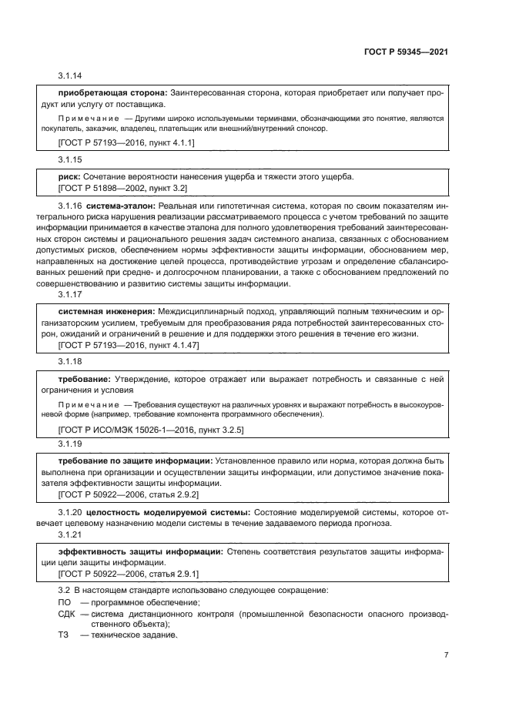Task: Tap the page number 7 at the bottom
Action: pos(447,655)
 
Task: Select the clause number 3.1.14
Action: pos(70,76)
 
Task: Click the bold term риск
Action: pos(69,176)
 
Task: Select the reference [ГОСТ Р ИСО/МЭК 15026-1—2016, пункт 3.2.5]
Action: pos(151,428)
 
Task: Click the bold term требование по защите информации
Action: pos(136,461)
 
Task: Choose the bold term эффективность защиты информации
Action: pos(140,552)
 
